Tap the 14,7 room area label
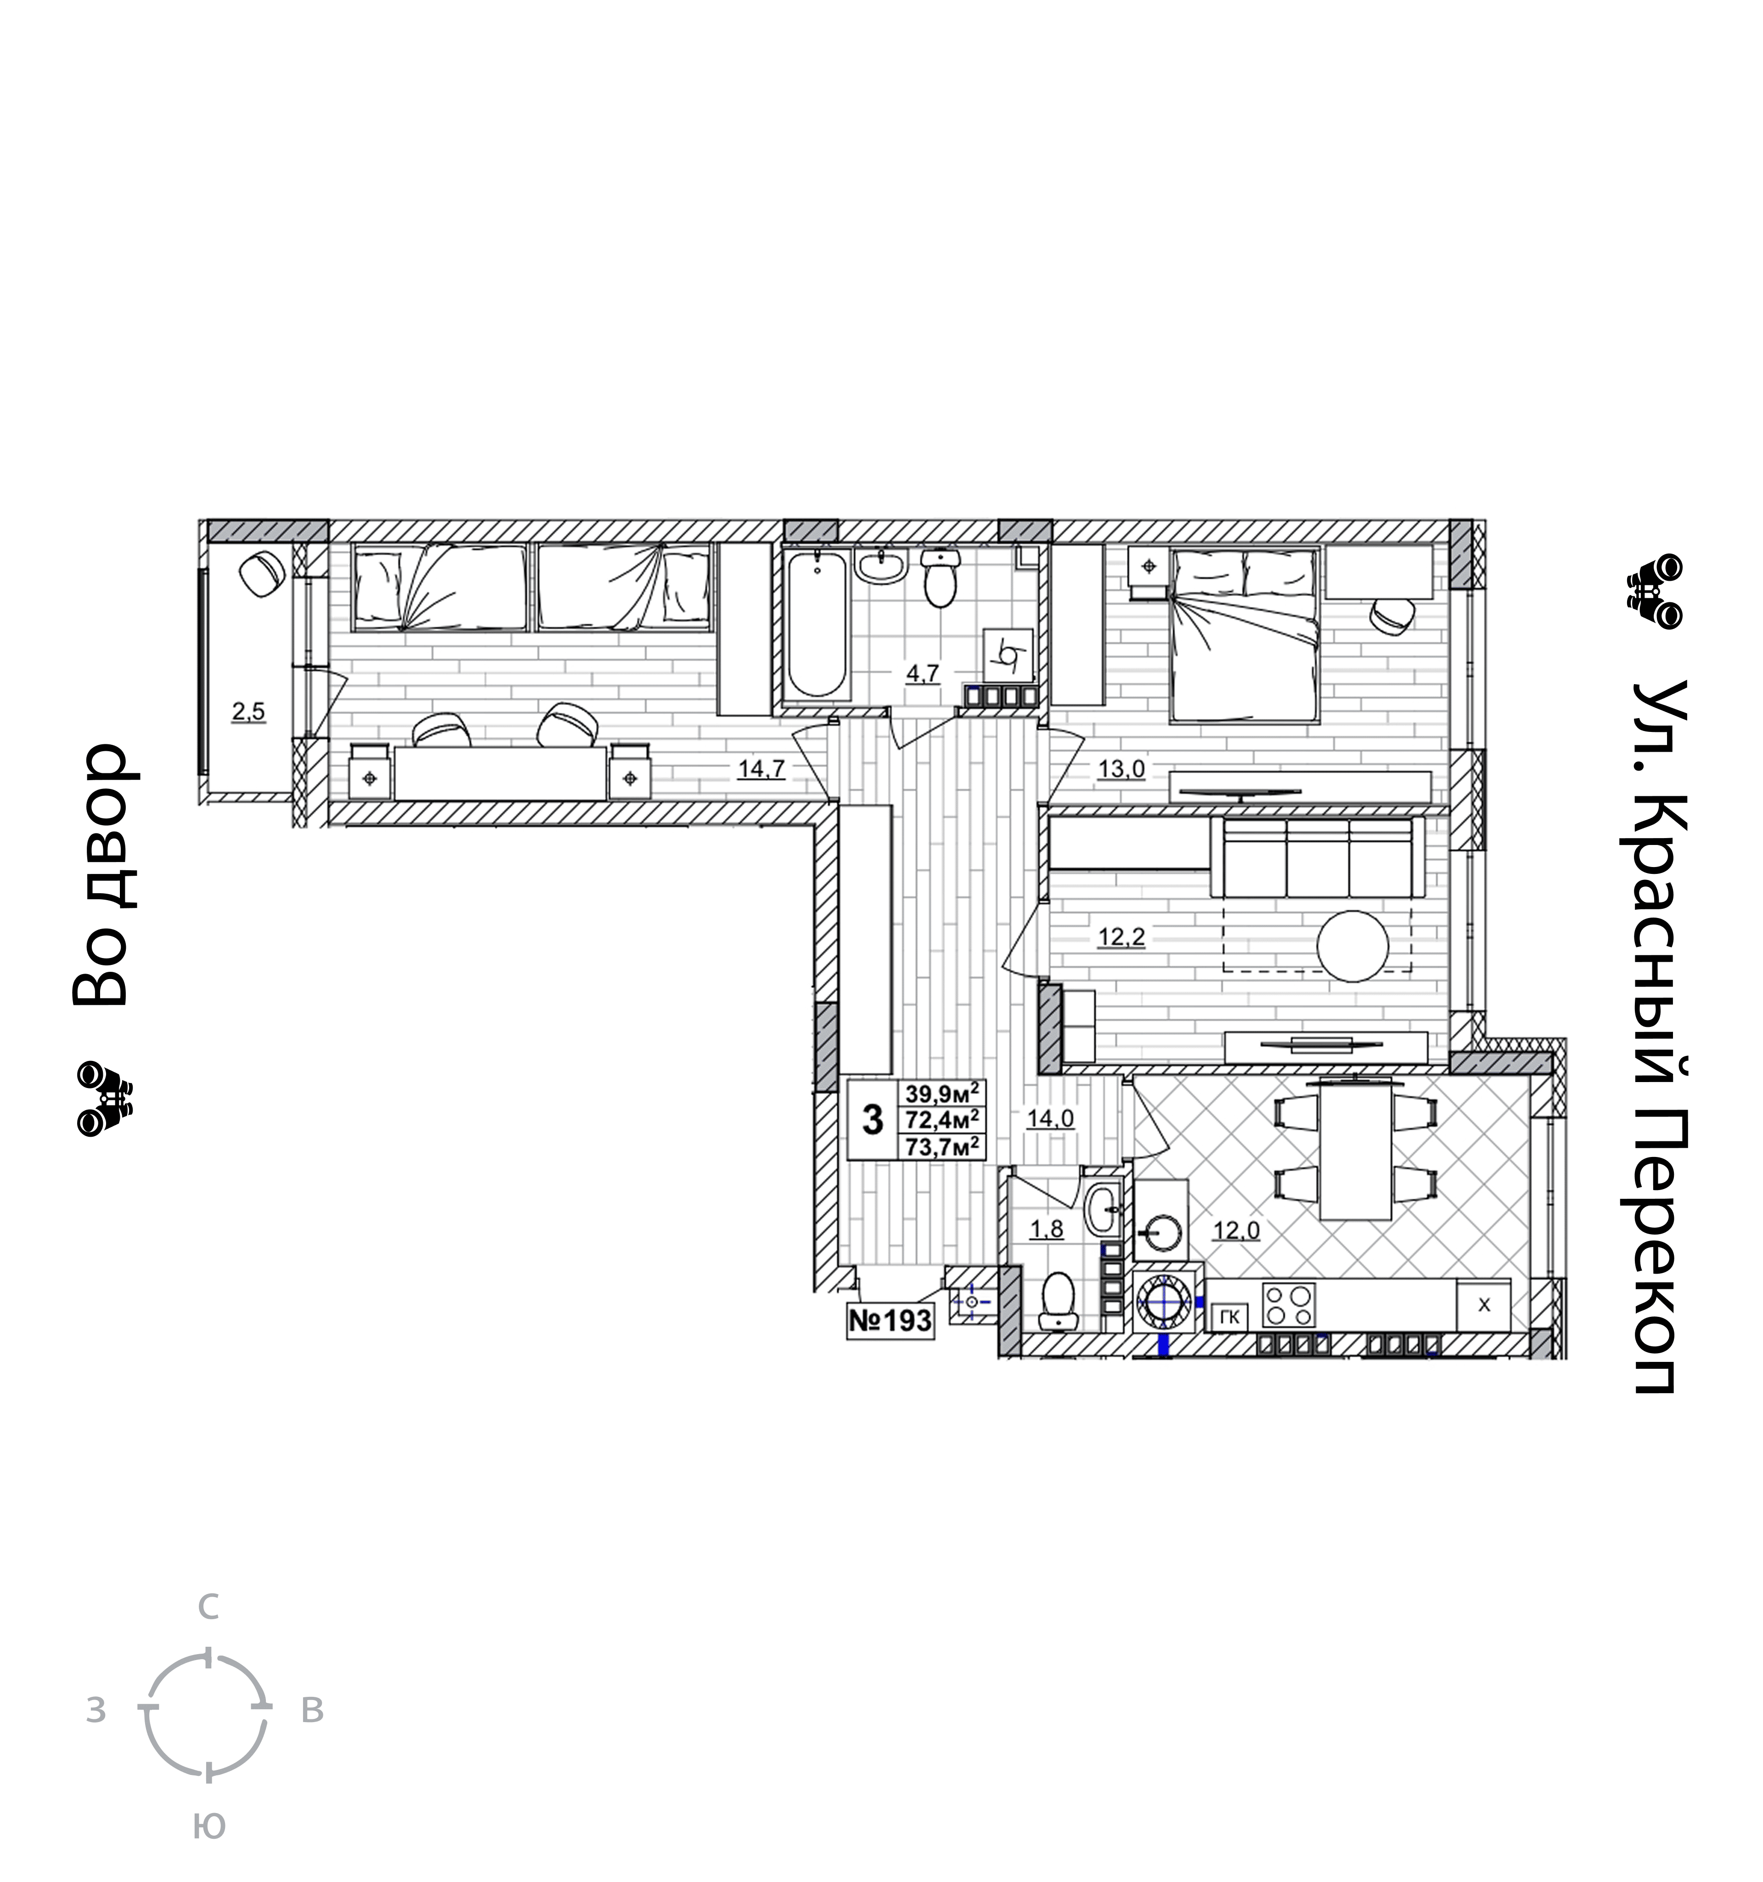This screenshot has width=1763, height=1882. (761, 769)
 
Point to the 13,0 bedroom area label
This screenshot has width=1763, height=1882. (1121, 769)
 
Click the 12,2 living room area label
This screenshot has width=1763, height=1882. (1121, 937)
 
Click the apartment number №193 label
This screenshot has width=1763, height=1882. (890, 1321)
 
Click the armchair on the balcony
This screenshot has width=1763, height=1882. (262, 574)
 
